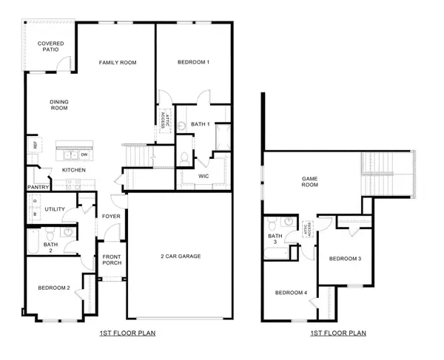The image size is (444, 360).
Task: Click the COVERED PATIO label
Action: tap(51, 48)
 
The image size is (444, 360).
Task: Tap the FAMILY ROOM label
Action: tap(118, 63)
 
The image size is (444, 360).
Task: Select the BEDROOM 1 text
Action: tap(193, 63)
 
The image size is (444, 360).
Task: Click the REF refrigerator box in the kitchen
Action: tap(33, 146)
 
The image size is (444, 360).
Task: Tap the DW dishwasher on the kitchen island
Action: tap(84, 155)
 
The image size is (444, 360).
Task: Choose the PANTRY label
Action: tap(38, 188)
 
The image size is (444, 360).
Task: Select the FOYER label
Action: tap(111, 217)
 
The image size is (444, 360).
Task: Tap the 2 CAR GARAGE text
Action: tap(181, 257)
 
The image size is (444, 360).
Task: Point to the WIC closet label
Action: tap(205, 177)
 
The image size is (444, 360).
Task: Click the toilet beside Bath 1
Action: tap(184, 157)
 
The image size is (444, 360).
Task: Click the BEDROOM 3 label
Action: tap(345, 259)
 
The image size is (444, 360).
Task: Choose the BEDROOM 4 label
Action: tap(291, 293)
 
